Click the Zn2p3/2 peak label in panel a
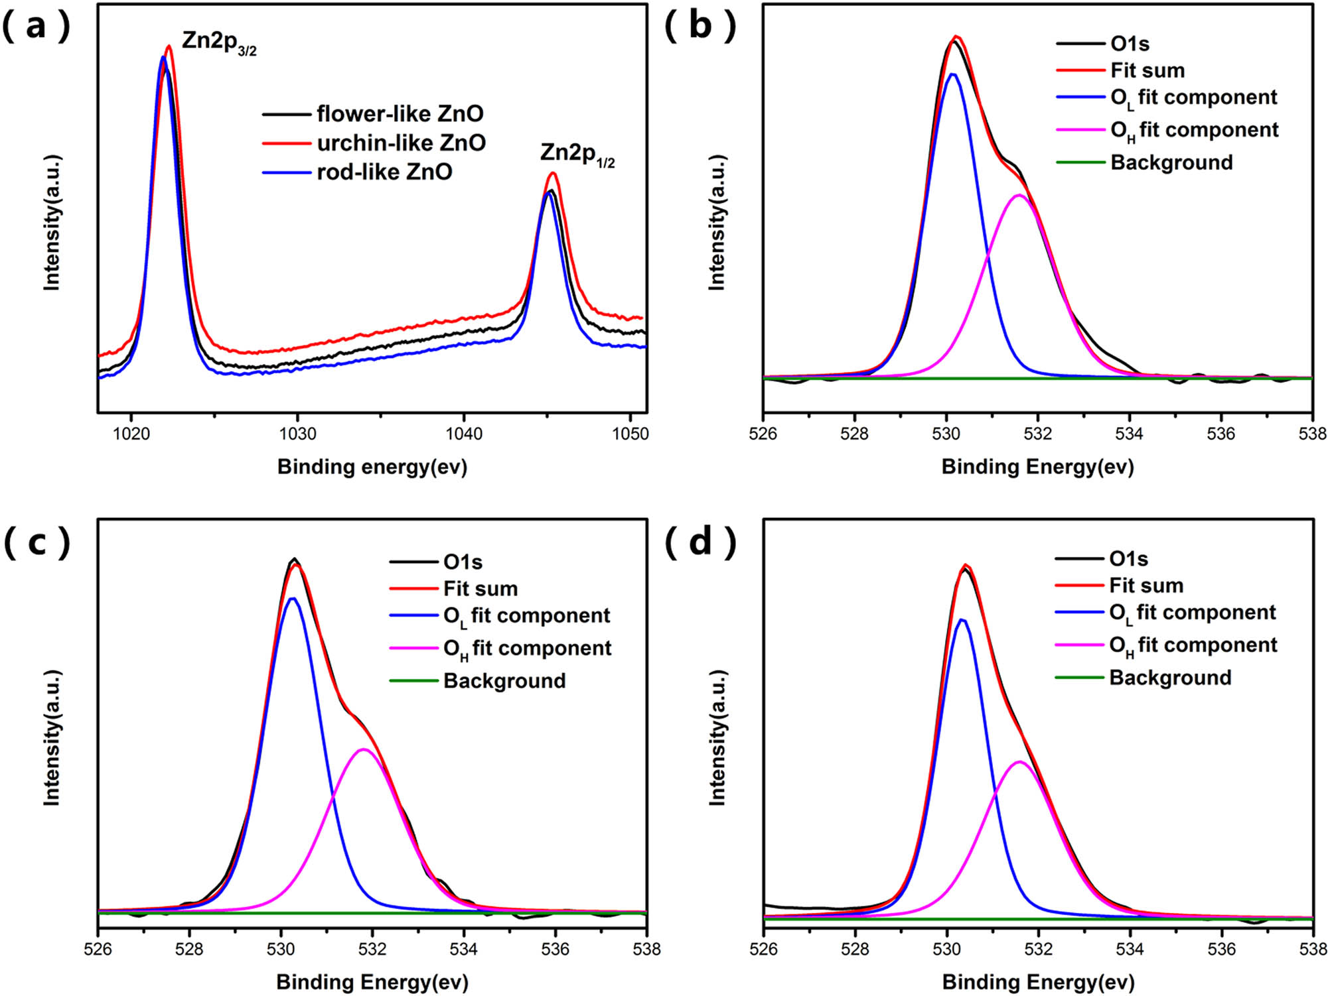[219, 42]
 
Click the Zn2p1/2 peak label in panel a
[577, 154]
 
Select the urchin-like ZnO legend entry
[401, 143]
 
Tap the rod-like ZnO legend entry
[384, 172]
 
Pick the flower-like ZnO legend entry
[400, 114]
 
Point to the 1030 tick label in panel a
[297, 434]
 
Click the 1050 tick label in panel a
[630, 434]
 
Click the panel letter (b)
[700, 27]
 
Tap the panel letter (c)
[37, 543]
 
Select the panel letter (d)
[700, 543]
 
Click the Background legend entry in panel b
[1171, 162]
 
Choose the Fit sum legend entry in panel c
[480, 589]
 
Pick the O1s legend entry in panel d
[1128, 559]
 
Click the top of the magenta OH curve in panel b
[1019, 194]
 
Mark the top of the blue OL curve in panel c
[292, 598]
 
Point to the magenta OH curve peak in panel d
[1019, 761]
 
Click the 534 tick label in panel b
[1130, 434]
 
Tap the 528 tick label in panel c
[190, 949]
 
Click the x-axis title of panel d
[1038, 981]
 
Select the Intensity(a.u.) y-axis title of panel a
[52, 223]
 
